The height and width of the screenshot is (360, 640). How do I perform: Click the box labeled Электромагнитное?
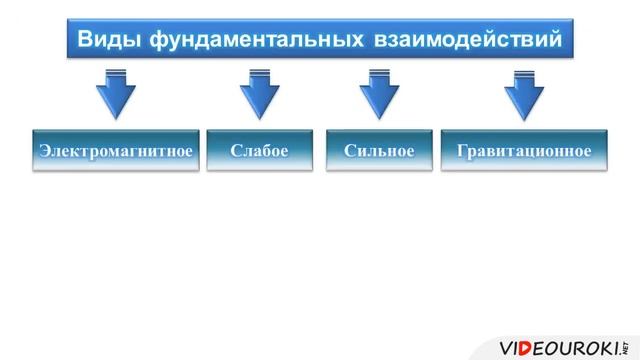click(x=115, y=150)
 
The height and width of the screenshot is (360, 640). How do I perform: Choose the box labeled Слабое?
click(x=259, y=150)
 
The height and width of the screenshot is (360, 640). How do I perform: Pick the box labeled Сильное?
click(x=378, y=150)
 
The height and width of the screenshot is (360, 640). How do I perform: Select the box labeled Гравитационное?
click(x=524, y=150)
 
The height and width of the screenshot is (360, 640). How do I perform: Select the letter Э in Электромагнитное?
click(x=43, y=150)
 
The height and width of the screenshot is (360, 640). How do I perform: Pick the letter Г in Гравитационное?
click(x=461, y=150)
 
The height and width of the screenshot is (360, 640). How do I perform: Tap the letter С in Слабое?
click(x=235, y=150)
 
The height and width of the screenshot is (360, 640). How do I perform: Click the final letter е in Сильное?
click(x=409, y=150)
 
